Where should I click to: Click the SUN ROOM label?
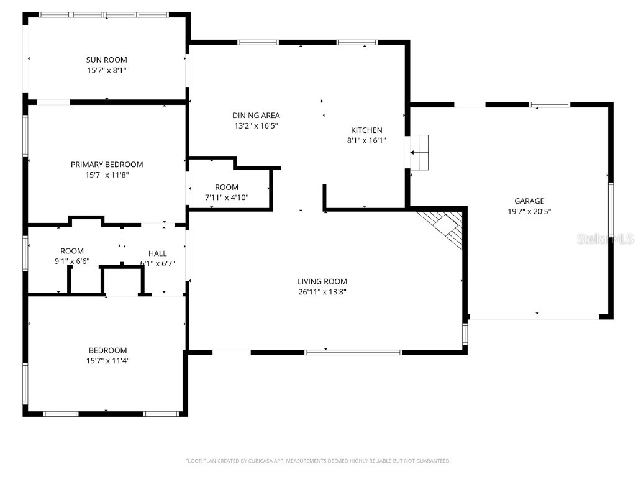tap(106, 60)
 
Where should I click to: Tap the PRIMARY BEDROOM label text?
tap(106, 165)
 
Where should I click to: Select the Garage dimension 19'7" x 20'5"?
tap(529, 211)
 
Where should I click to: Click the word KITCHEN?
tap(366, 130)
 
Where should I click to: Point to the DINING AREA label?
tap(256, 116)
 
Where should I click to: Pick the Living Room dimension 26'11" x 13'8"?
tap(322, 292)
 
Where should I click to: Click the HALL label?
tap(157, 253)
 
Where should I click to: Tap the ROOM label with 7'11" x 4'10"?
tap(227, 188)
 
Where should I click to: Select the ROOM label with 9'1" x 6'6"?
tap(72, 251)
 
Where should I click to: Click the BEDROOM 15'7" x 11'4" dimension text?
tap(107, 361)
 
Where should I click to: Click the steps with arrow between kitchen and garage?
tap(419, 152)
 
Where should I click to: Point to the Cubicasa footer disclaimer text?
tap(317, 461)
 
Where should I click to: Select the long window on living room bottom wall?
tap(353, 352)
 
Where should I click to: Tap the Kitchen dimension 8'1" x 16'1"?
tap(366, 141)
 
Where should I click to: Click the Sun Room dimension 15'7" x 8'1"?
tap(106, 70)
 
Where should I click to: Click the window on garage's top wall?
tap(549, 104)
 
